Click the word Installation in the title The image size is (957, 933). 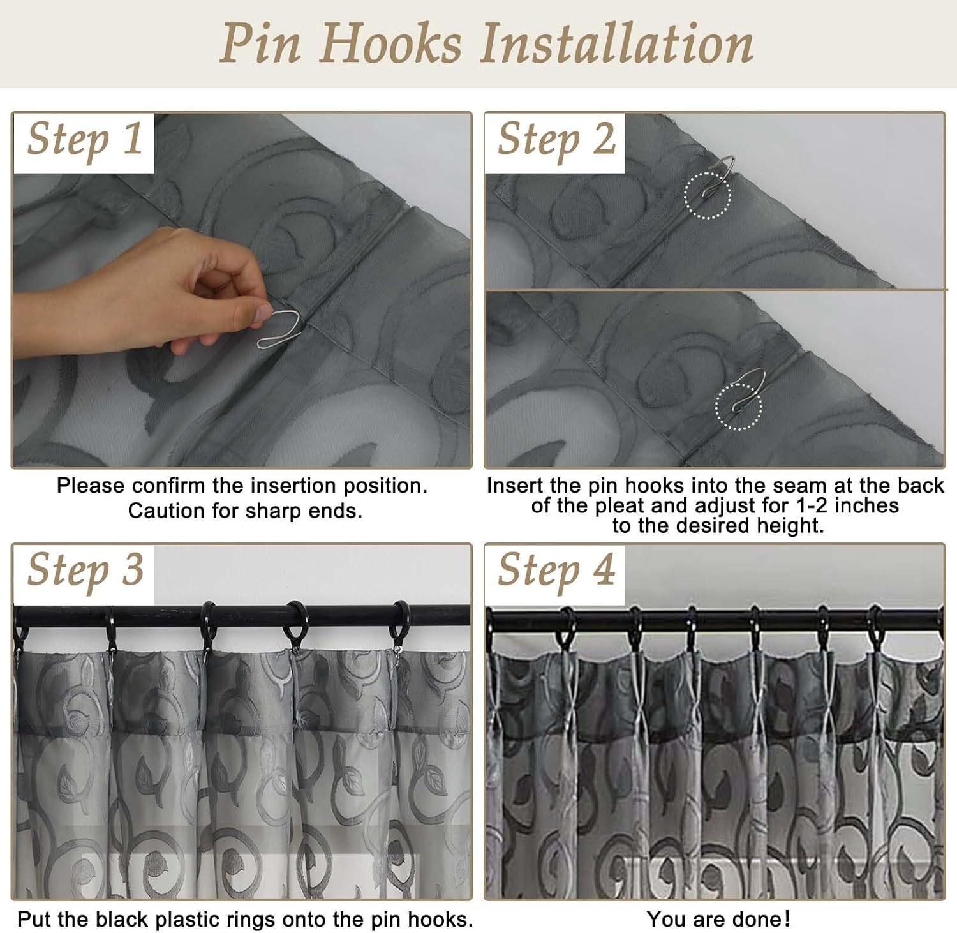pos(617,43)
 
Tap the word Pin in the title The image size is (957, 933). pos(260,43)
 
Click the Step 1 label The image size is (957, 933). pos(85,140)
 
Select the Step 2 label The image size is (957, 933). pos(556,140)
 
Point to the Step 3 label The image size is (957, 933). pos(85,570)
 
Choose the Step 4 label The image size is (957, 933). pos(556,570)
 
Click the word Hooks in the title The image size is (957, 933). pos(390,43)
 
